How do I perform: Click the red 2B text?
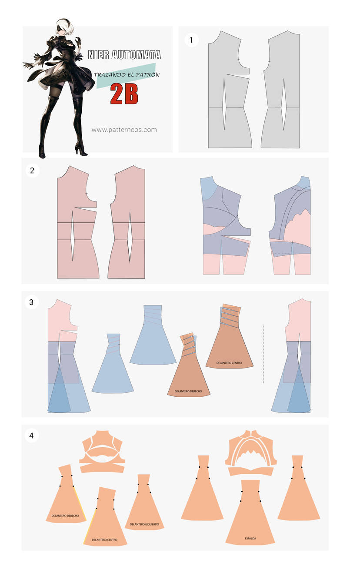124,94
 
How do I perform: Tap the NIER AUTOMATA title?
124,54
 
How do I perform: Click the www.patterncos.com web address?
124,130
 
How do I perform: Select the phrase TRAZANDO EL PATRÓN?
127,75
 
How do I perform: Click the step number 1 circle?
191,40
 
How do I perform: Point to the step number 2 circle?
32,171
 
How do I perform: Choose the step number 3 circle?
32,302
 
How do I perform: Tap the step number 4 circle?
32,435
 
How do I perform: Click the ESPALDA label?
250,538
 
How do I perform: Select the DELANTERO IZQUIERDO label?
144,524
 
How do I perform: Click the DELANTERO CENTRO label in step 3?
229,363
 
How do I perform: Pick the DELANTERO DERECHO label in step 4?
65,516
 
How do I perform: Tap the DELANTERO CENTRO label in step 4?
105,540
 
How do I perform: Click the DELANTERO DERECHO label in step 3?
188,391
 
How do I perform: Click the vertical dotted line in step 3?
263,354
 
